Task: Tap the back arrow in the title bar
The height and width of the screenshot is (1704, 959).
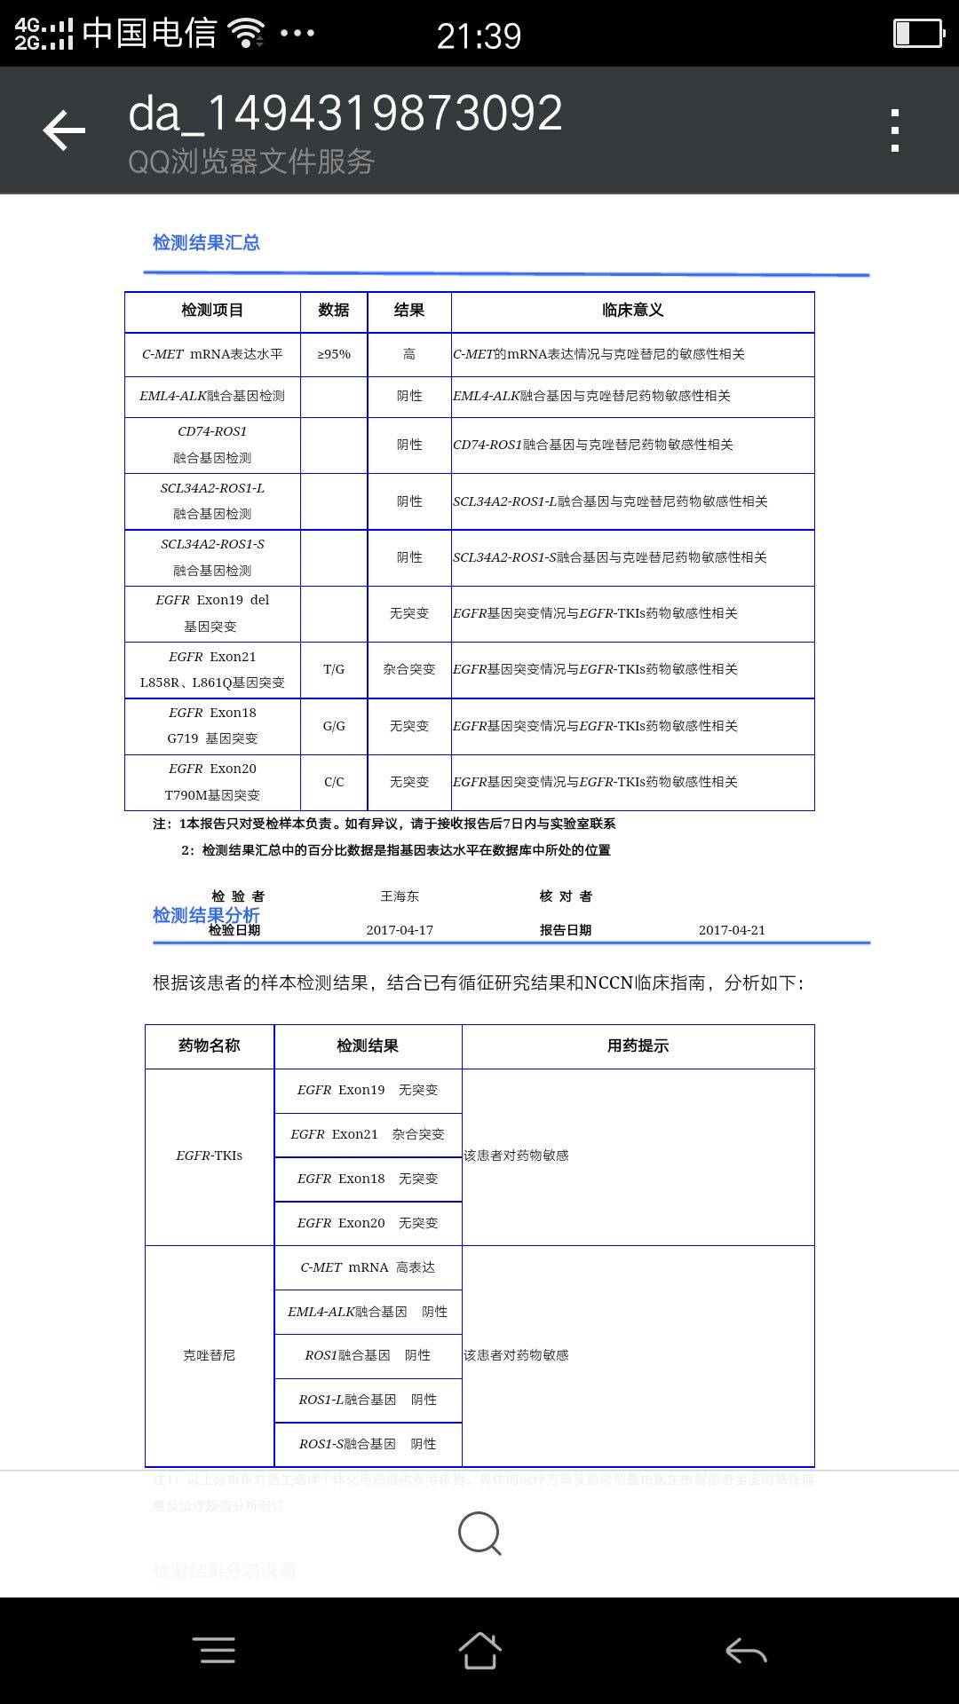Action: point(65,130)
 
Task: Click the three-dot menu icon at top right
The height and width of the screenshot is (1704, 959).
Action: point(895,130)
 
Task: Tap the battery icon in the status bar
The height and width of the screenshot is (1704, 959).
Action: point(917,34)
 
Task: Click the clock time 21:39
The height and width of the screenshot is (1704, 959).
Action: point(479,35)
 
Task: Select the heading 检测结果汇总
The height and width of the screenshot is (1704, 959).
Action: point(206,242)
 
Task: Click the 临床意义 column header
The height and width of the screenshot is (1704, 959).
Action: point(632,311)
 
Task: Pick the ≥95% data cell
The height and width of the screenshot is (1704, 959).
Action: point(334,354)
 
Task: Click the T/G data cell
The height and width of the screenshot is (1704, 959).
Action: point(334,669)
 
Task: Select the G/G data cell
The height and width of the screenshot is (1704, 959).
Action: point(334,726)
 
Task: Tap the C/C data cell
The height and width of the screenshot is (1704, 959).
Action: point(334,782)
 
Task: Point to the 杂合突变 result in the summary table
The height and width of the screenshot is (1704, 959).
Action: point(409,669)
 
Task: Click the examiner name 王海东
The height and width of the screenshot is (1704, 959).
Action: point(400,896)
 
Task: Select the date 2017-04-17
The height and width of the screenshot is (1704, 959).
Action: point(400,930)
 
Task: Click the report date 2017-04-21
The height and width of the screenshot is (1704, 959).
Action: point(732,930)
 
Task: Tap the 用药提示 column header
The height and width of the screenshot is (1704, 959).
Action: point(638,1046)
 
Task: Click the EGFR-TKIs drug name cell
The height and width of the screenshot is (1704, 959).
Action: point(210,1156)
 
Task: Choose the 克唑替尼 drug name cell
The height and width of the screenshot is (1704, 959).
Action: point(210,1355)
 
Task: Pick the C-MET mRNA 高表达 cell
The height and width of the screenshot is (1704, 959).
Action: point(368,1267)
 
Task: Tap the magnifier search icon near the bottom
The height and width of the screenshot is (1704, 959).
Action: point(479,1533)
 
